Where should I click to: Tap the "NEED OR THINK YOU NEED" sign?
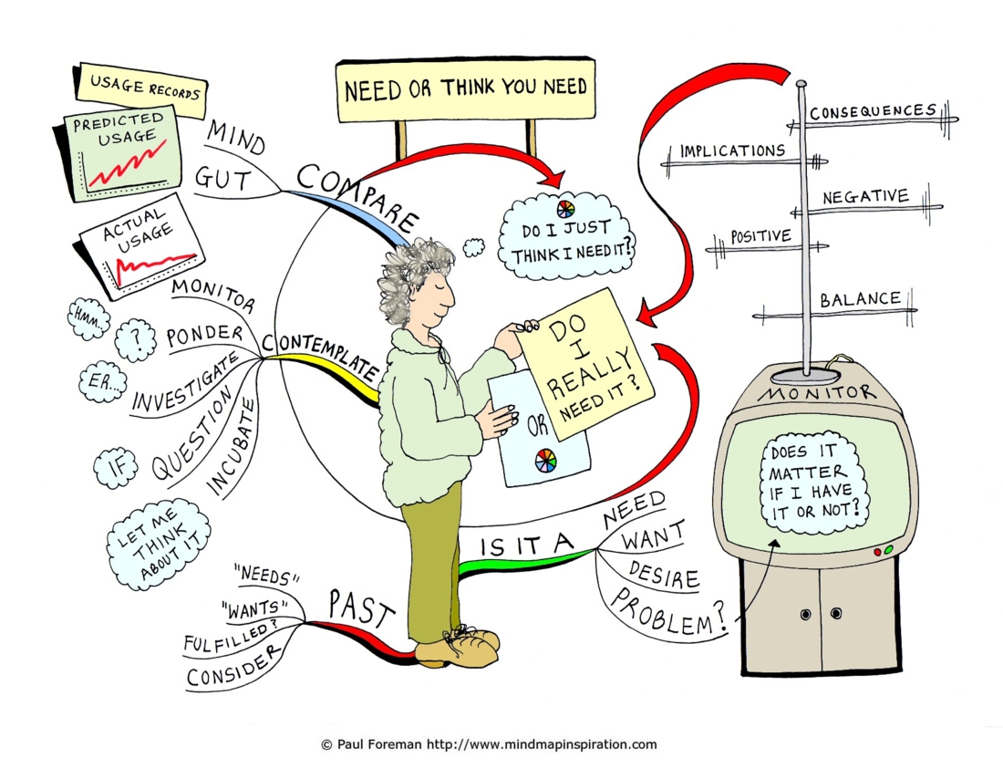(x=466, y=89)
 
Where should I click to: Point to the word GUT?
(x=222, y=179)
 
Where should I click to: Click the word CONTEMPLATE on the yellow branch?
(x=322, y=354)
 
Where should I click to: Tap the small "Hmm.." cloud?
(x=88, y=318)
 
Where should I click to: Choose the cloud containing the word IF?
(x=116, y=468)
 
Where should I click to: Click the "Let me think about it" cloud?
(x=158, y=543)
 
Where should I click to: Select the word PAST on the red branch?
(x=361, y=608)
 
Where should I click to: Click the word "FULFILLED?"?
(x=231, y=638)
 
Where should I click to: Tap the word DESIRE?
(x=663, y=574)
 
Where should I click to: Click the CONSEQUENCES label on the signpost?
(x=873, y=112)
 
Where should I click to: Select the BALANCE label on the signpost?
(x=861, y=299)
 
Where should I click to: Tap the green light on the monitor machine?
(x=888, y=550)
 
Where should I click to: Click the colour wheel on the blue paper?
(x=545, y=461)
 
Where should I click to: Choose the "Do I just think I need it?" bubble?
(x=565, y=236)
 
